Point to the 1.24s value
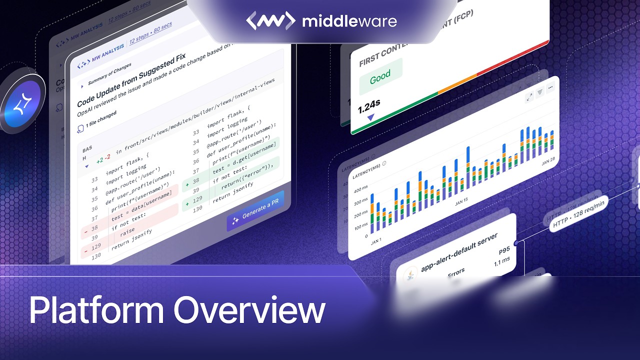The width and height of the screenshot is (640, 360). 369,104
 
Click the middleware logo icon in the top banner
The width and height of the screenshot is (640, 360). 270,20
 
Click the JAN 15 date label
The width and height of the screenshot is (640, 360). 461,201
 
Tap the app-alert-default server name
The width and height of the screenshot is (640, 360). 458,252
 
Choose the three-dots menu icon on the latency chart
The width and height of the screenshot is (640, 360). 550,87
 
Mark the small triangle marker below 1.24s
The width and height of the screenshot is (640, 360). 370,117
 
